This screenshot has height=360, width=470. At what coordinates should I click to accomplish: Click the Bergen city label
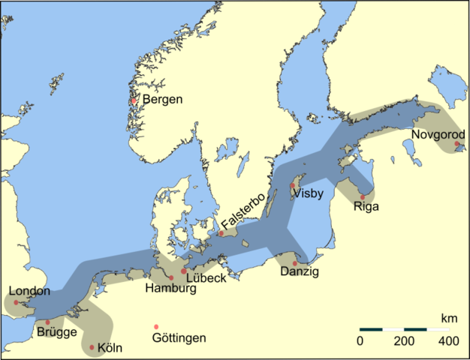click(163, 100)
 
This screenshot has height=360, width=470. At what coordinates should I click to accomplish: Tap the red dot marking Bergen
click(134, 101)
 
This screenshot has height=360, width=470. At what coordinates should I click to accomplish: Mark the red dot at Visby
click(293, 185)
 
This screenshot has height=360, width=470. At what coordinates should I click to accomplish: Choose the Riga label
click(366, 207)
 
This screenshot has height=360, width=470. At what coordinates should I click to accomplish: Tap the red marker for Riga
click(363, 197)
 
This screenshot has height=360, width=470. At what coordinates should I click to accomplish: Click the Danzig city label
click(299, 272)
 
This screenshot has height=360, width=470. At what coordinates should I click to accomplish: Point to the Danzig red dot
click(295, 263)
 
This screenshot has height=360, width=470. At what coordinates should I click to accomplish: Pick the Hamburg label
click(170, 288)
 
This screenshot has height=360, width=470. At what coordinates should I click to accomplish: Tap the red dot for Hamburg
click(172, 278)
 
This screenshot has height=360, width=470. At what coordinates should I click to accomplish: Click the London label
click(30, 292)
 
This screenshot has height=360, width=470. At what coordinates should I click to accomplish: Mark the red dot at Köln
click(92, 347)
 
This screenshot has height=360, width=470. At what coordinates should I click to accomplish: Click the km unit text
click(449, 319)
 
